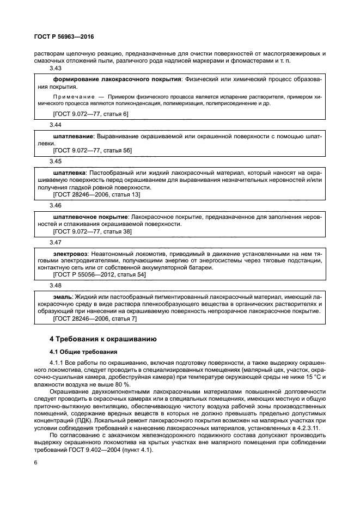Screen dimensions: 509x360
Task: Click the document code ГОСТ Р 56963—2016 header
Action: click(x=64, y=38)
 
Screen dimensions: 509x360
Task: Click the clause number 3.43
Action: click(x=56, y=68)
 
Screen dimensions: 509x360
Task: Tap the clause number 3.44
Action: click(x=56, y=124)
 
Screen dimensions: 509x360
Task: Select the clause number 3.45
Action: click(x=56, y=161)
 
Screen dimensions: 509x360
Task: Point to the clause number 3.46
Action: click(x=56, y=206)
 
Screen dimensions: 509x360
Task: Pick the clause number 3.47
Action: click(x=56, y=242)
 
